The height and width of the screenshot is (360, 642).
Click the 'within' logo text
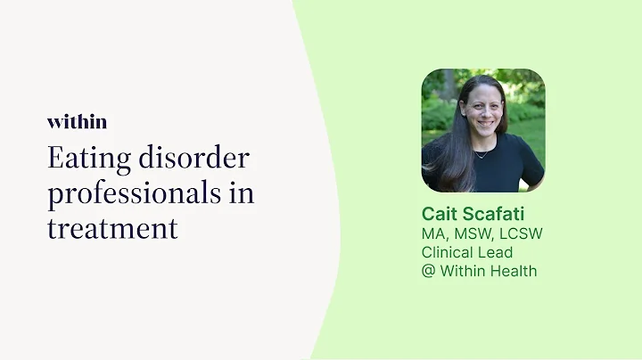click(77, 122)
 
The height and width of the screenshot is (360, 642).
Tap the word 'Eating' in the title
click(87, 160)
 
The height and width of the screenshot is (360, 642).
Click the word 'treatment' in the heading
click(112, 227)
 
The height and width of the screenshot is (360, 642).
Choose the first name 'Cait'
click(441, 214)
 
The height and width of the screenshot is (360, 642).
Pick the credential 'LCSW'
click(523, 233)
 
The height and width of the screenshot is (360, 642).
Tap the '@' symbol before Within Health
click(429, 271)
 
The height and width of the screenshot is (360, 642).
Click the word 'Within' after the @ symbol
click(461, 271)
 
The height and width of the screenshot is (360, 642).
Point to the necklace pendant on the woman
click(481, 156)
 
